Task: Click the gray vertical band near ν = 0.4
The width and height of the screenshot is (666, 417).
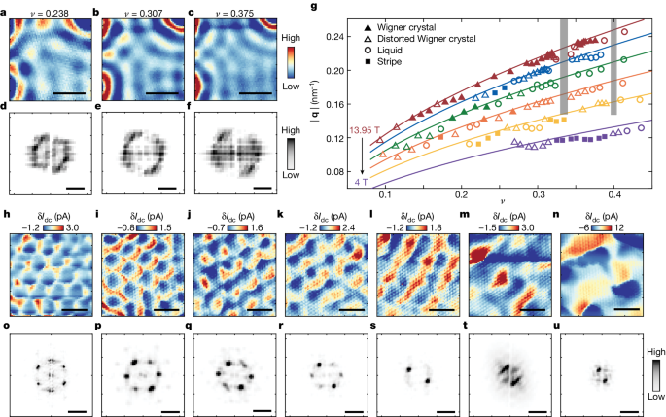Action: point(613,66)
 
